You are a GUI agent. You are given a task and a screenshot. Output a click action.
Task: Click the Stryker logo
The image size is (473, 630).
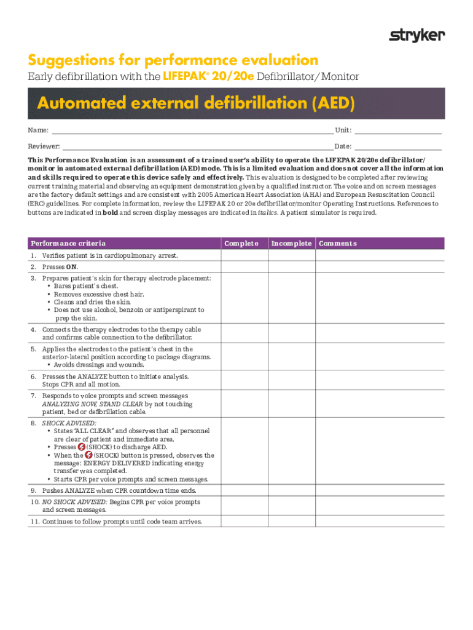417,36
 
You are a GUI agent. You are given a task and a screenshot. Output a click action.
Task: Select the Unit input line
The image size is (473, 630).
398,130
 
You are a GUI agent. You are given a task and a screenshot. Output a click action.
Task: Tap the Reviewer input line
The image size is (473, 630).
197,146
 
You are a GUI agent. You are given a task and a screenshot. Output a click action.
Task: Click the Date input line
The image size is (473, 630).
398,146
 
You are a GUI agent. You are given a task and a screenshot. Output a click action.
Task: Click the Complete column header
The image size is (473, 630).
245,244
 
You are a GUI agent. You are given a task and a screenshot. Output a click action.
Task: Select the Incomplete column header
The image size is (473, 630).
292,244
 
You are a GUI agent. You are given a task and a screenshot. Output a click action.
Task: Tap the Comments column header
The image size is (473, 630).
337,244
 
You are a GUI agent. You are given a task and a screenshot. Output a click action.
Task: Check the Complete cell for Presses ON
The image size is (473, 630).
245,267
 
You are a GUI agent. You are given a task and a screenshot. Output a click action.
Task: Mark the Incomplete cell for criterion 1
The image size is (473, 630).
292,255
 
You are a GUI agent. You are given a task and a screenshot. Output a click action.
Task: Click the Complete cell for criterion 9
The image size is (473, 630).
245,491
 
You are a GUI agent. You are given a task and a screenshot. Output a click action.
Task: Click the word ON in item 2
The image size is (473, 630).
71,267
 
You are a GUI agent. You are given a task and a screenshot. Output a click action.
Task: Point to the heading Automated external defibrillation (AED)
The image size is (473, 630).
196,103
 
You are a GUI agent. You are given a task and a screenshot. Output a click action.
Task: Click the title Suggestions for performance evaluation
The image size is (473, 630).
173,60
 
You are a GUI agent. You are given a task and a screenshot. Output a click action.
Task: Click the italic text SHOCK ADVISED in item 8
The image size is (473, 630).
69,423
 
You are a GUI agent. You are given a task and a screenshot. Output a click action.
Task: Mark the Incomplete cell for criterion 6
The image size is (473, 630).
292,380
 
